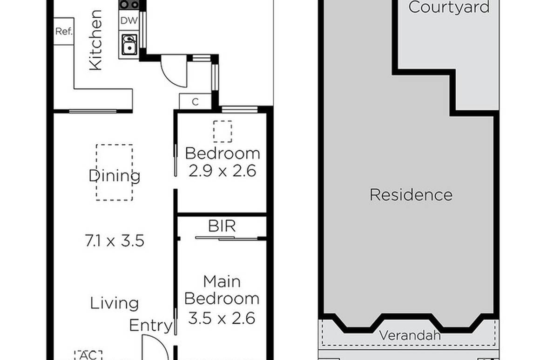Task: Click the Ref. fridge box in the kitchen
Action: coord(64,32)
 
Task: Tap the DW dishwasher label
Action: coord(128,20)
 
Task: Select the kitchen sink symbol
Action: coord(128,45)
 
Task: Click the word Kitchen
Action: coord(95,40)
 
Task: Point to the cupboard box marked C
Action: coord(195,101)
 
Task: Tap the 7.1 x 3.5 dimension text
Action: coord(115,241)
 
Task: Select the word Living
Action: coord(115,303)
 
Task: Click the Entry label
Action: coord(150,325)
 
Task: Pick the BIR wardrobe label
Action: coord(222,226)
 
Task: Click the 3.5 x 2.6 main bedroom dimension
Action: coord(222,318)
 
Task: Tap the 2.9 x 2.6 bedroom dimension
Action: coord(222,171)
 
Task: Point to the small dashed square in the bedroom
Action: coord(223,131)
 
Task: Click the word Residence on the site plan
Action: coord(411,194)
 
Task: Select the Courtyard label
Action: coord(449,7)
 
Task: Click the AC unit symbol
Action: coord(88,354)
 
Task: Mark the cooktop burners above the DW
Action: coord(129,5)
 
